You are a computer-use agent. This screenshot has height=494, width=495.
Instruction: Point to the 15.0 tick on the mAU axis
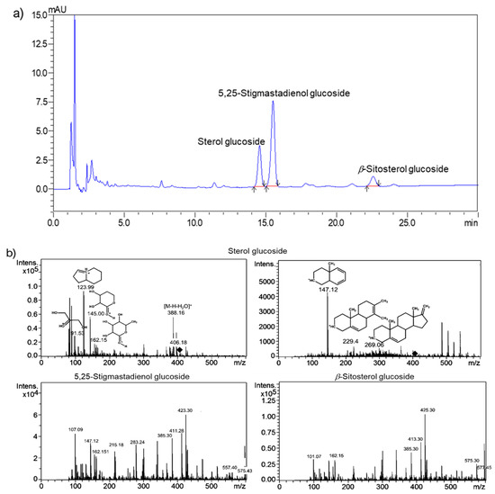tap(39, 15)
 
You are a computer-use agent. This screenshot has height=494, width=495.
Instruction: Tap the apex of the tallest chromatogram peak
tap(74, 16)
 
